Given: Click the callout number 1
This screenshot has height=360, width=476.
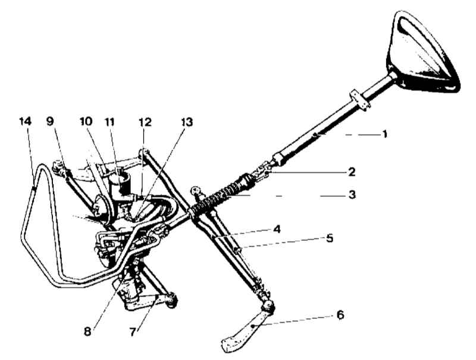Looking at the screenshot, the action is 384,134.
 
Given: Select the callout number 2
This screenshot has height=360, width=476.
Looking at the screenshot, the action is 352,172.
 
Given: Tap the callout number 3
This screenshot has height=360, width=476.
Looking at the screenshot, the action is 352,195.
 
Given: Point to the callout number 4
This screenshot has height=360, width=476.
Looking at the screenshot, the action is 277,229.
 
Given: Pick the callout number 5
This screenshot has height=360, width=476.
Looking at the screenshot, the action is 330,238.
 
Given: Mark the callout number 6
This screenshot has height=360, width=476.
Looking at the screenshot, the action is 340,315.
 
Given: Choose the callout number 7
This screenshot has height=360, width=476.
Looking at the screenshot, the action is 132,332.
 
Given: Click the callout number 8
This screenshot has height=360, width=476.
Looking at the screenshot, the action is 87,332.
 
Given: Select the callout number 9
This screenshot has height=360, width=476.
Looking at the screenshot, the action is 50,121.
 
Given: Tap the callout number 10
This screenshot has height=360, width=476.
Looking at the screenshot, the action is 86,121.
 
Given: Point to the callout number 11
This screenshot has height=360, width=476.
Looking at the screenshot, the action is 109,122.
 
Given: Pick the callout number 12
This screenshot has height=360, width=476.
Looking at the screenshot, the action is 145,122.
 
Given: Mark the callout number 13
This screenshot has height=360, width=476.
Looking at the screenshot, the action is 187,122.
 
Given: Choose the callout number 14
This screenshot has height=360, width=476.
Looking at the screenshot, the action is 25,121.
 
